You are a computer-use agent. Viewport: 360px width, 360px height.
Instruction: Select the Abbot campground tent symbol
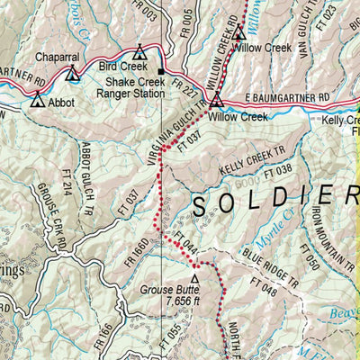[x=37, y=101]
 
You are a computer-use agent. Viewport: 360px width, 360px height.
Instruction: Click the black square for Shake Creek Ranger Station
[x=161, y=71]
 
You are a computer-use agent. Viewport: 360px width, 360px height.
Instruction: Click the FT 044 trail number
[x=189, y=247]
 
